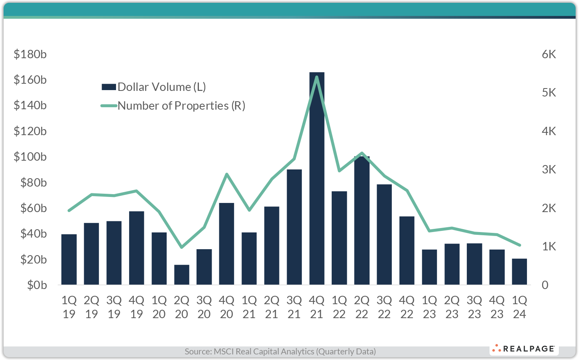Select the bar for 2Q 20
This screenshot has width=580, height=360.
point(182,275)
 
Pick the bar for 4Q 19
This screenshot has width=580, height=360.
point(136,248)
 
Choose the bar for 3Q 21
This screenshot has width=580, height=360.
point(294,227)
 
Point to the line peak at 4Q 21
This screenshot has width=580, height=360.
point(317,77)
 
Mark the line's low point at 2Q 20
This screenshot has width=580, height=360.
point(182,247)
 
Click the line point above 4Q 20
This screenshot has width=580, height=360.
point(226,174)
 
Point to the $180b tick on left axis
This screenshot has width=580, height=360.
point(30,54)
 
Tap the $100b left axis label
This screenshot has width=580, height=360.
point(30,157)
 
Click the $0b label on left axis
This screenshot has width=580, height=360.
point(37,285)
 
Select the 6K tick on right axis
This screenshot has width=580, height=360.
point(549,54)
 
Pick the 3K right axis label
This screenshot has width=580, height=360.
point(549,169)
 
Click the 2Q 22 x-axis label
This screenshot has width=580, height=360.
point(362,307)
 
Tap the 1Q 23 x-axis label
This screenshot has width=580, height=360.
point(429,307)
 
